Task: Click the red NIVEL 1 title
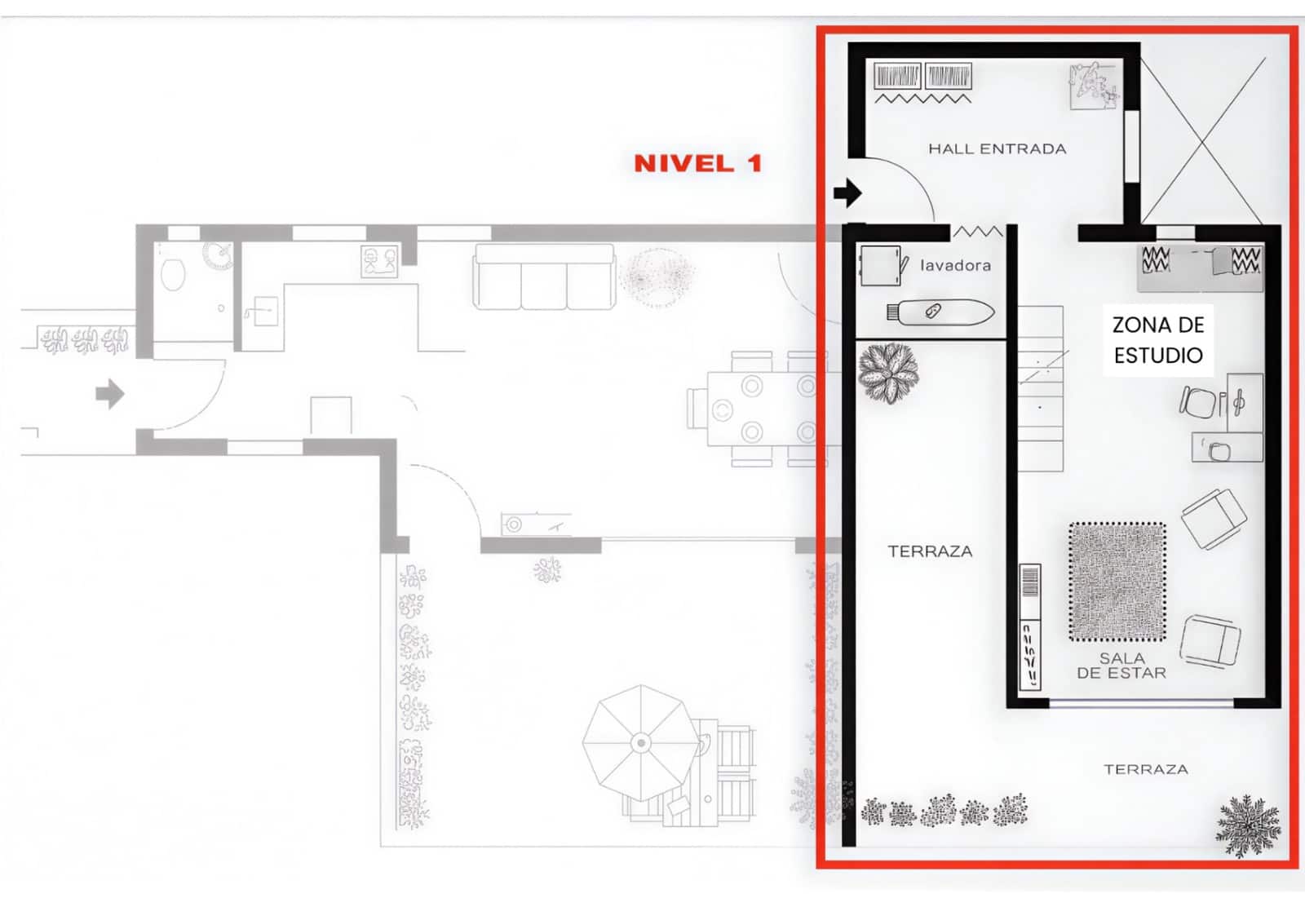697,163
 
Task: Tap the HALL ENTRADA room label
997,148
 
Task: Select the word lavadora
955,265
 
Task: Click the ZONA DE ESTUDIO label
1158,339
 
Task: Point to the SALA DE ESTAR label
1121,666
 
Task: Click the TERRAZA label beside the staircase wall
930,551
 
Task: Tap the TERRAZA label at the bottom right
1145,769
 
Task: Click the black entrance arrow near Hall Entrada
847,193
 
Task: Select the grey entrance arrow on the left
109,394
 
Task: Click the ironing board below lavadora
940,312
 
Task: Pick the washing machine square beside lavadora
879,266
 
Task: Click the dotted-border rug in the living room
1117,582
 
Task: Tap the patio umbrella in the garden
641,742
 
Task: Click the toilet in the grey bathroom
173,275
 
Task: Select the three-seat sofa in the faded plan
544,278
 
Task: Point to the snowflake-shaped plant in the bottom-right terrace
1248,825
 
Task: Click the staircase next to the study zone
1041,388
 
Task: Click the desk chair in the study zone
1197,401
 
